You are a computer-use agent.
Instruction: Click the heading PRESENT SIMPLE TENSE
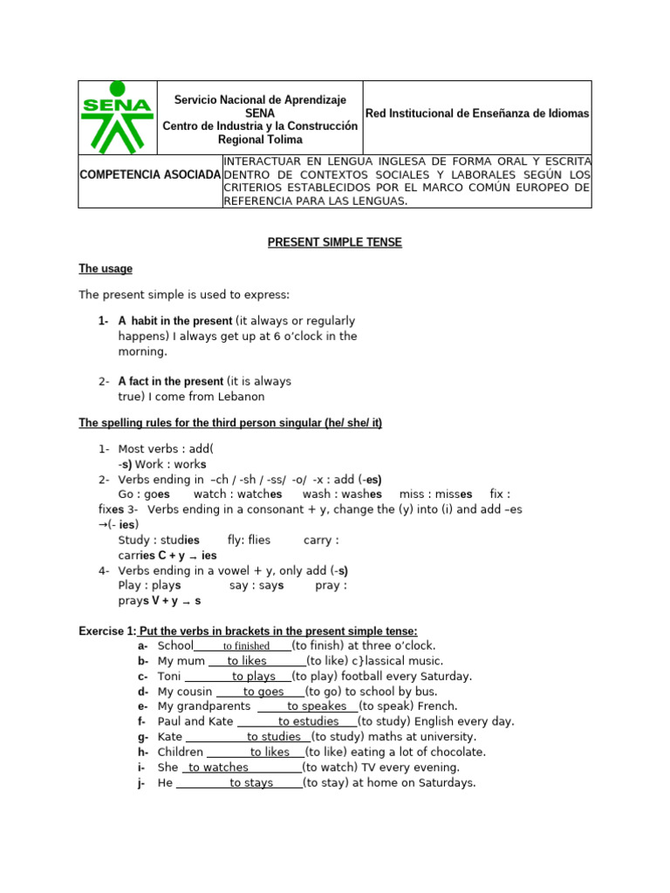pos(334,242)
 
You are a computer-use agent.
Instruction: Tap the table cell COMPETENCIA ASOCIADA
pos(150,174)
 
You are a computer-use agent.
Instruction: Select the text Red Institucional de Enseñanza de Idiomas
pos(477,113)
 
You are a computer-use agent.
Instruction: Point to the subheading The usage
pos(106,269)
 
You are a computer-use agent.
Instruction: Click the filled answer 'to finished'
pos(246,646)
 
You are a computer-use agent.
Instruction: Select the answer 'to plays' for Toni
pos(254,676)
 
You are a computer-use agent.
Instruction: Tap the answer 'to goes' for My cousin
pos(263,692)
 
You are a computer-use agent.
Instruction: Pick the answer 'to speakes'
pos(317,706)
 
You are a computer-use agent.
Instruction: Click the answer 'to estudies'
pos(308,721)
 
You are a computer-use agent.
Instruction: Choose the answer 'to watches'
pos(218,767)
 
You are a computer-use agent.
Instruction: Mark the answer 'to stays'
pos(251,783)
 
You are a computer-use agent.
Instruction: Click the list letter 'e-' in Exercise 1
pos(142,706)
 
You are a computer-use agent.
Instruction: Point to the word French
pos(438,706)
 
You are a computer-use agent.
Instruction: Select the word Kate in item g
pos(170,737)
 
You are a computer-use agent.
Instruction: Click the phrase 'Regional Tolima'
pos(260,140)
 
